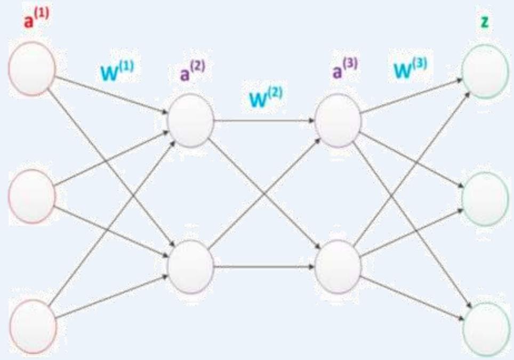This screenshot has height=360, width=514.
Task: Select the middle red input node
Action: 32,197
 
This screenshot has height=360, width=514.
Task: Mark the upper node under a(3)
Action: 338,120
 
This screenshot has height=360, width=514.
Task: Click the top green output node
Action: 485,71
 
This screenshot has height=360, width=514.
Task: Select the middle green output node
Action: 485,199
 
